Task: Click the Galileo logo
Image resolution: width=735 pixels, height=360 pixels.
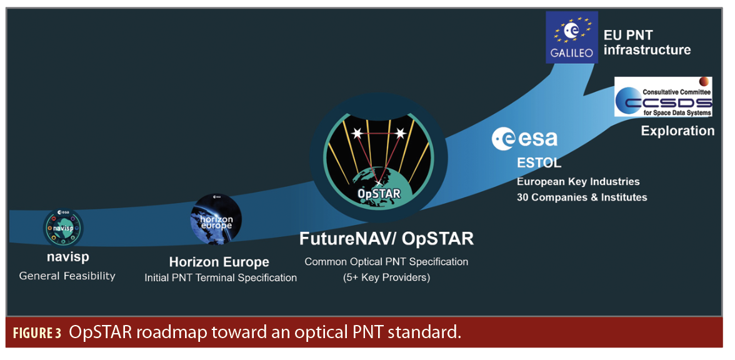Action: (572, 37)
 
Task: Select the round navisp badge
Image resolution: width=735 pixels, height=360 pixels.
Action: (63, 227)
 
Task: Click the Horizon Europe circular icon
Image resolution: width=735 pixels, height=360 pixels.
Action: (216, 219)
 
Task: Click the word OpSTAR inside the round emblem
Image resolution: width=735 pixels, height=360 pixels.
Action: (379, 192)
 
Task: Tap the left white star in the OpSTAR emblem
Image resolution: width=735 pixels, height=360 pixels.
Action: (357, 133)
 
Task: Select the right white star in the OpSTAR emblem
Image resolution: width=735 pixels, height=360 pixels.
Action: (400, 133)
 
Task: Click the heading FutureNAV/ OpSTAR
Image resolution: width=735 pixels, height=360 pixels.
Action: (386, 239)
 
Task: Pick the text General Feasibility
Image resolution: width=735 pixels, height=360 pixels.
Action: (67, 276)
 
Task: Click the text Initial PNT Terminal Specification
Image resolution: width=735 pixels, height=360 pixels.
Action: (220, 277)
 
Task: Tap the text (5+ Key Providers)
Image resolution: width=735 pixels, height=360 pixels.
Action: (386, 277)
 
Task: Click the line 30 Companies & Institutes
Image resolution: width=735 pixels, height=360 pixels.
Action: (582, 197)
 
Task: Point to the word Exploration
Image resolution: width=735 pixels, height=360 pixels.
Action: (677, 131)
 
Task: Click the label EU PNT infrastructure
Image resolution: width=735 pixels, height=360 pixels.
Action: (647, 42)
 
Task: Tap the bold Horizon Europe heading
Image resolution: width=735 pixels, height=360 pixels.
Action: (219, 261)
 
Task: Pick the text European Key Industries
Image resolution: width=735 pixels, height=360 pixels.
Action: (578, 181)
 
